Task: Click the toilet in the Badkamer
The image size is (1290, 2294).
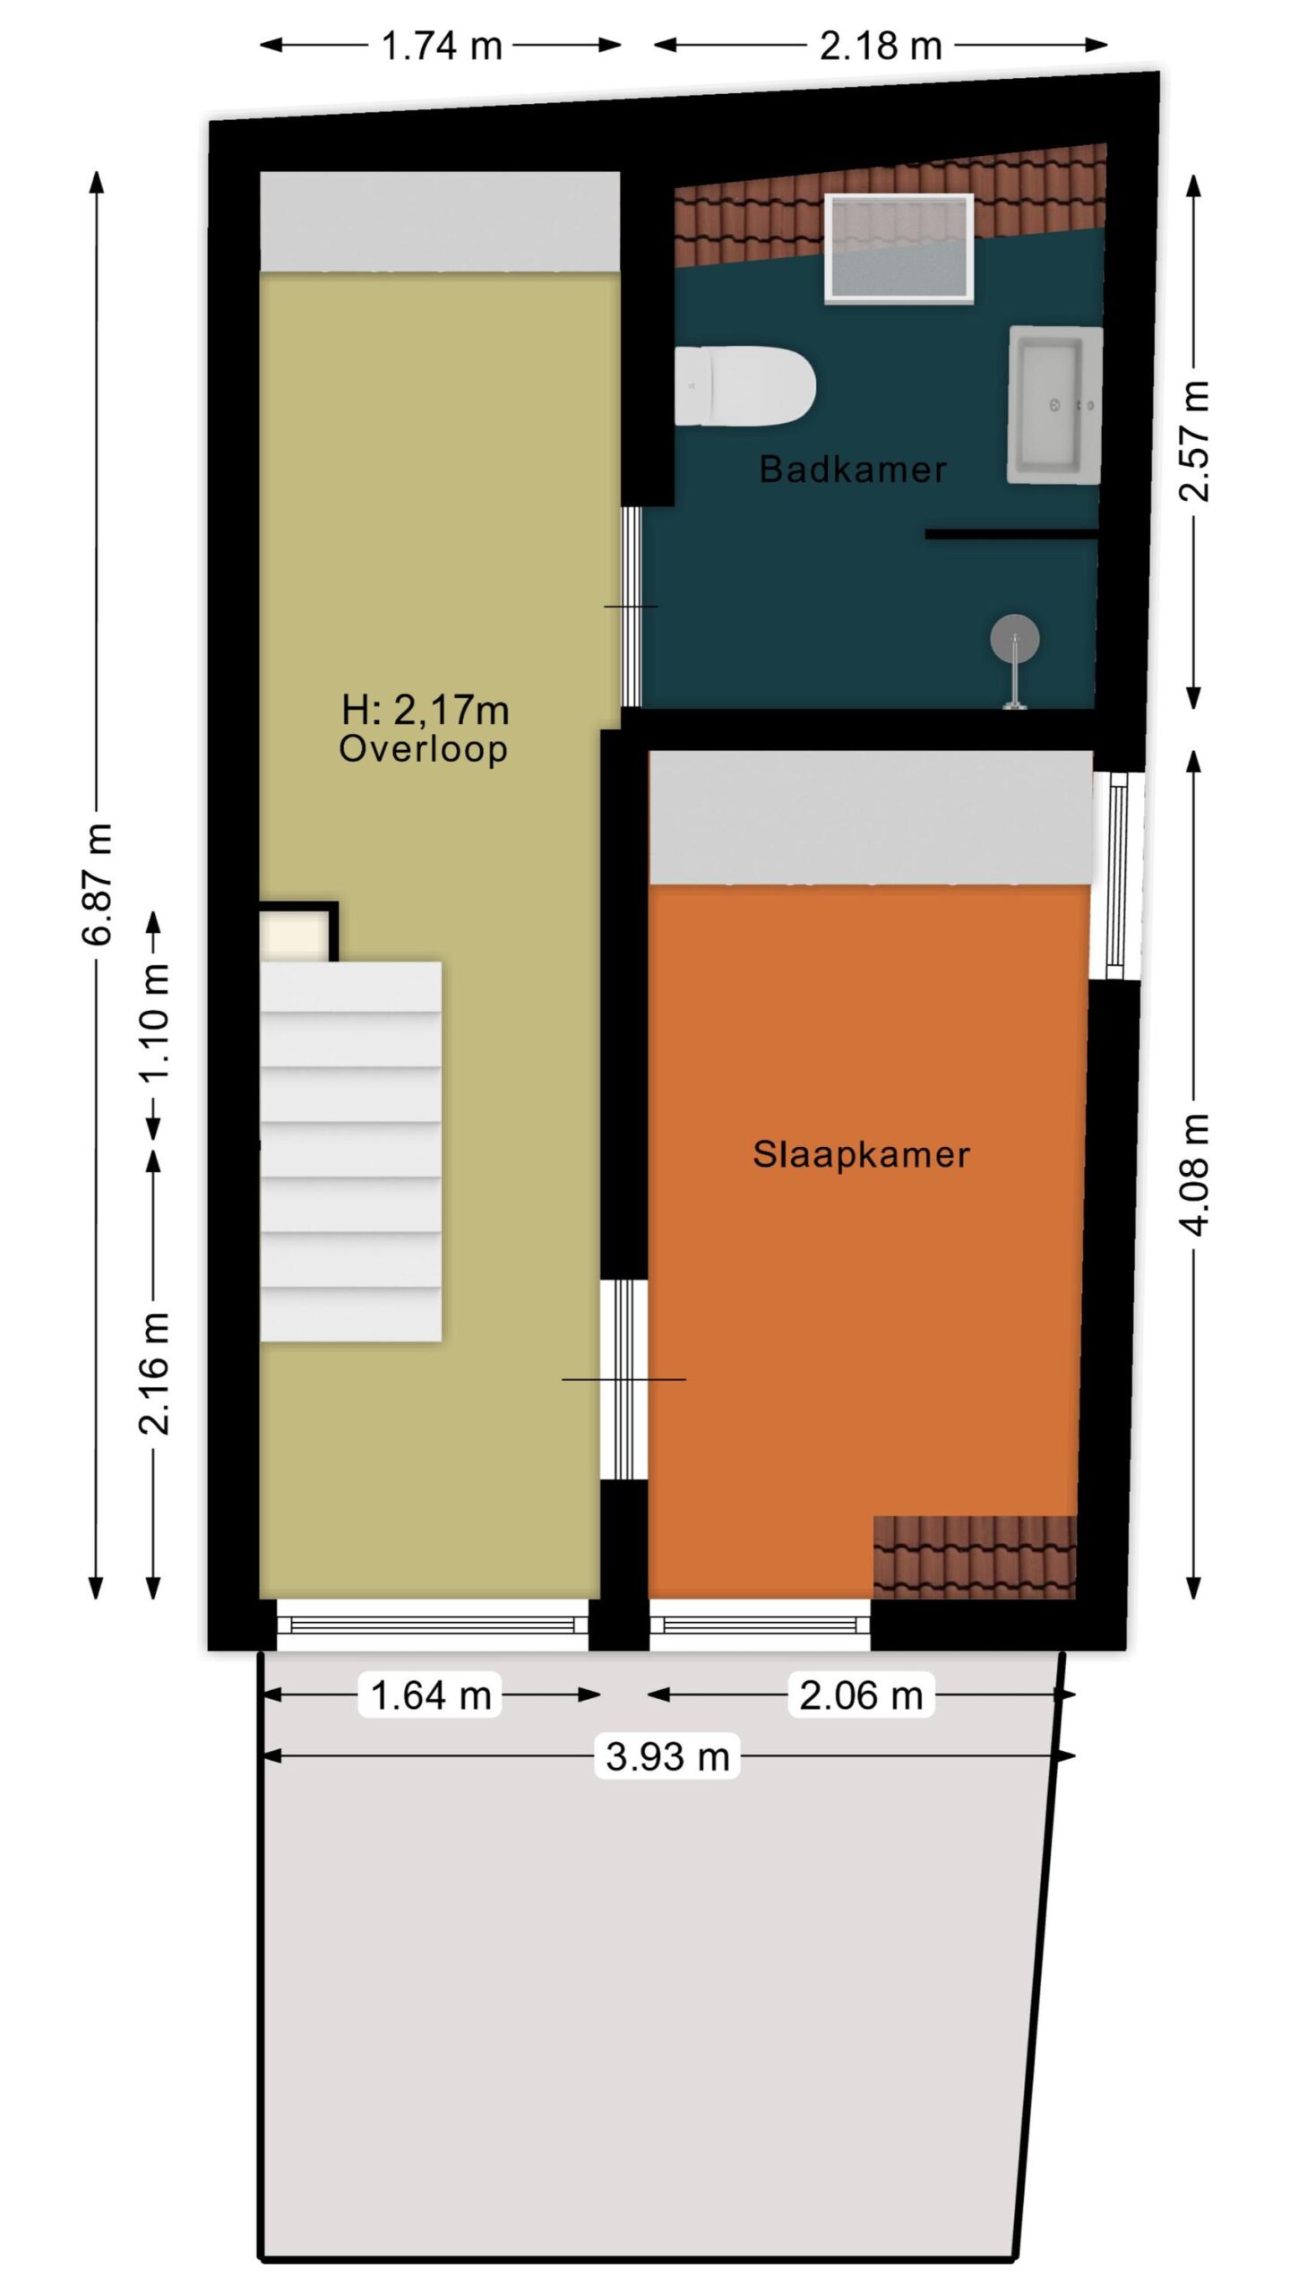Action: pos(744,386)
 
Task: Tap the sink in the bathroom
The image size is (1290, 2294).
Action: pos(1055,404)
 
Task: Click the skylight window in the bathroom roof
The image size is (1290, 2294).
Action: pos(899,247)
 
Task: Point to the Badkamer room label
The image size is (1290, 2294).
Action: pos(853,470)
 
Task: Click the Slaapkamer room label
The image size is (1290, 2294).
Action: pos(861,1154)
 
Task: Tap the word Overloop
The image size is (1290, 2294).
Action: pos(423,748)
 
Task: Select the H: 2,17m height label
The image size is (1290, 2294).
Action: pos(426,711)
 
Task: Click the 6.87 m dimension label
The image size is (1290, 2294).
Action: pos(97,884)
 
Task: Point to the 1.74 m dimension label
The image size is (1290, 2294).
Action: pos(442,45)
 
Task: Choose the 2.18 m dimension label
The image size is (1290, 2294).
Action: pos(881,45)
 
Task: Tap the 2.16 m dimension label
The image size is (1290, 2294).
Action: pos(154,1373)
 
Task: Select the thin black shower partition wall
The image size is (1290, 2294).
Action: pos(1012,534)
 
